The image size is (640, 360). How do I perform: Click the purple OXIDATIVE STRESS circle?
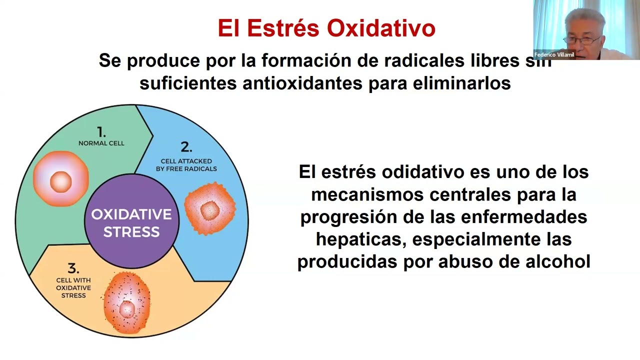click(x=131, y=222)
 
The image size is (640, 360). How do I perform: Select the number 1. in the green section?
click(x=101, y=132)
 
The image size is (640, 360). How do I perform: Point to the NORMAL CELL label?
click(x=101, y=143)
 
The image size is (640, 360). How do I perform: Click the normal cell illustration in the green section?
click(x=61, y=179)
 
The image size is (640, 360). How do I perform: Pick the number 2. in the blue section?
click(x=186, y=147)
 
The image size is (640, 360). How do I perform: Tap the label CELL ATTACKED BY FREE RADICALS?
click(x=186, y=165)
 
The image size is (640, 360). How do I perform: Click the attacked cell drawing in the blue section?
click(x=209, y=209)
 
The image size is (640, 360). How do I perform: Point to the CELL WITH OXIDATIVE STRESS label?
click(x=73, y=288)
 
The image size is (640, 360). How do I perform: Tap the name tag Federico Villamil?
click(x=554, y=55)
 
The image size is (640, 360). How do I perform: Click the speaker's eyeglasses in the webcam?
click(x=583, y=40)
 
